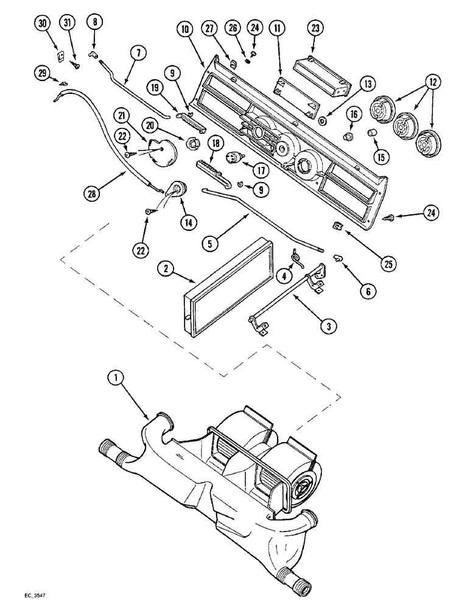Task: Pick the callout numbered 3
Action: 328,327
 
